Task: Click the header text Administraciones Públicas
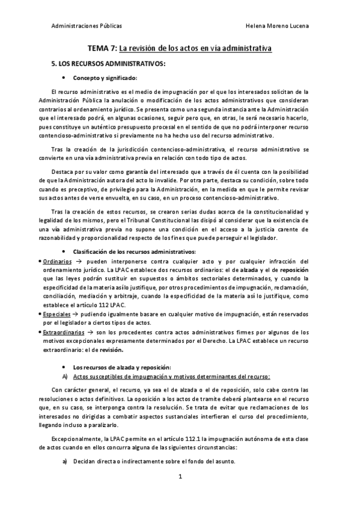[x=87, y=27]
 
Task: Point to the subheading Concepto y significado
[x=105, y=78]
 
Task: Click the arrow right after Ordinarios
[x=79, y=262]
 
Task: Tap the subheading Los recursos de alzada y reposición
[x=121, y=367]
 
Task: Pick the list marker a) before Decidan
[x=66, y=461]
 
